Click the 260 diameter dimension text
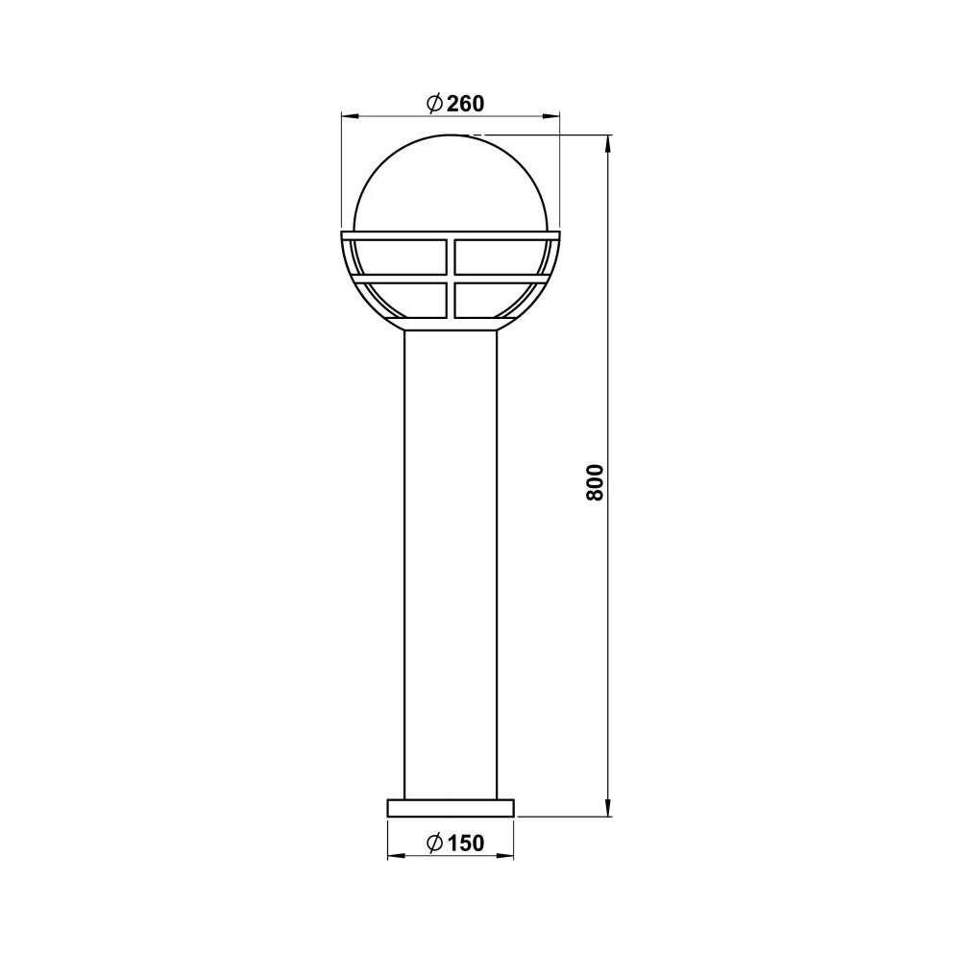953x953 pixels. pyautogui.click(x=466, y=104)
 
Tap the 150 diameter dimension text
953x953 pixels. pyautogui.click(x=466, y=843)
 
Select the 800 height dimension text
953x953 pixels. pyautogui.click(x=596, y=482)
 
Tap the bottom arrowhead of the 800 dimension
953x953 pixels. pyautogui.click(x=608, y=807)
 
